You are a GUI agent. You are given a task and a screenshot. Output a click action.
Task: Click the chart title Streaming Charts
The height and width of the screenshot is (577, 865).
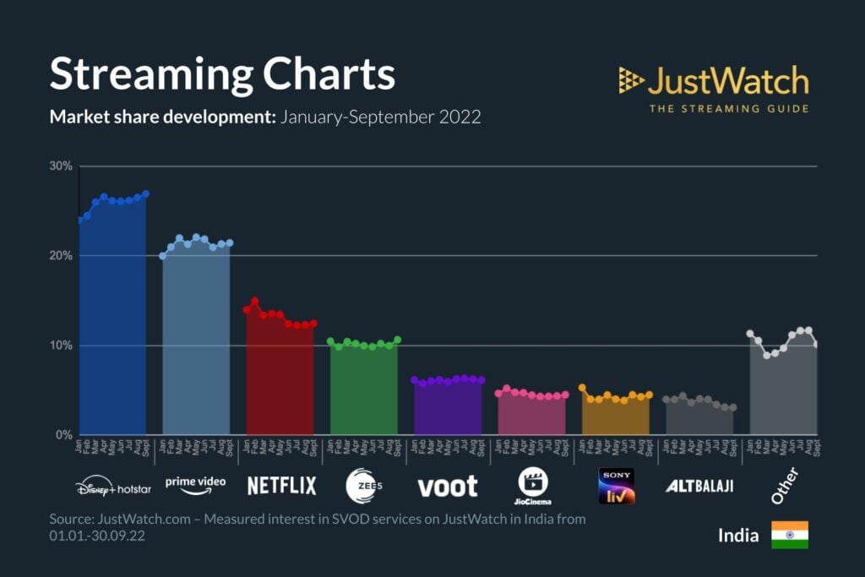[222, 74]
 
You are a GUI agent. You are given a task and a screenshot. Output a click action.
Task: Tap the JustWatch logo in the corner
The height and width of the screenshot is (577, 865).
[714, 89]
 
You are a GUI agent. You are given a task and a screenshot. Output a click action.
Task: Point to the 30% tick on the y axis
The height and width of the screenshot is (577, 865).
[61, 166]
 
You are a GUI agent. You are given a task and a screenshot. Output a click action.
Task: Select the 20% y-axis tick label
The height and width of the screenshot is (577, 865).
[61, 256]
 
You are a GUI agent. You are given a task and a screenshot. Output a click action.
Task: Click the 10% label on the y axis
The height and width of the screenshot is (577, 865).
[61, 346]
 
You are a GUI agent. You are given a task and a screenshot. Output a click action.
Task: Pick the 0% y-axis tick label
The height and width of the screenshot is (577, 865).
[63, 435]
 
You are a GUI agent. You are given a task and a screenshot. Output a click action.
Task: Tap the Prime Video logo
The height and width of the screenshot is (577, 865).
[195, 485]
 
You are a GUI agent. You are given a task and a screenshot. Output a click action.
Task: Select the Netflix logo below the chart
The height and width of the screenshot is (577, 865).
[281, 486]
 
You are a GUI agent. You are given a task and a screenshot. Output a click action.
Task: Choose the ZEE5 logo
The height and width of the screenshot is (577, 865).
[364, 486]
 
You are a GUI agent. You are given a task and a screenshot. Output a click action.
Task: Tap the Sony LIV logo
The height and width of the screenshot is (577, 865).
[616, 486]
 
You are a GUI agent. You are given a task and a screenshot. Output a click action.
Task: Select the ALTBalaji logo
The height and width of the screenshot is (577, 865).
[699, 486]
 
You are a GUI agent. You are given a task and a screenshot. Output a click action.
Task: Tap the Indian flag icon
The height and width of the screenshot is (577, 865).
[790, 535]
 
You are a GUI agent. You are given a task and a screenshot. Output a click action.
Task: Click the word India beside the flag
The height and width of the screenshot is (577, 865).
[738, 535]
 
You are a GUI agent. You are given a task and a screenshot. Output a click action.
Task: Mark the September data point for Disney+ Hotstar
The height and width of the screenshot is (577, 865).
[145, 194]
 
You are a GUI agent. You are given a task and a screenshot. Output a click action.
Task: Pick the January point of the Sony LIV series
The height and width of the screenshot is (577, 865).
[582, 388]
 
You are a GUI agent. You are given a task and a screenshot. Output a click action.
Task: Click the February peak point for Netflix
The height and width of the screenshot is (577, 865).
[254, 301]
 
